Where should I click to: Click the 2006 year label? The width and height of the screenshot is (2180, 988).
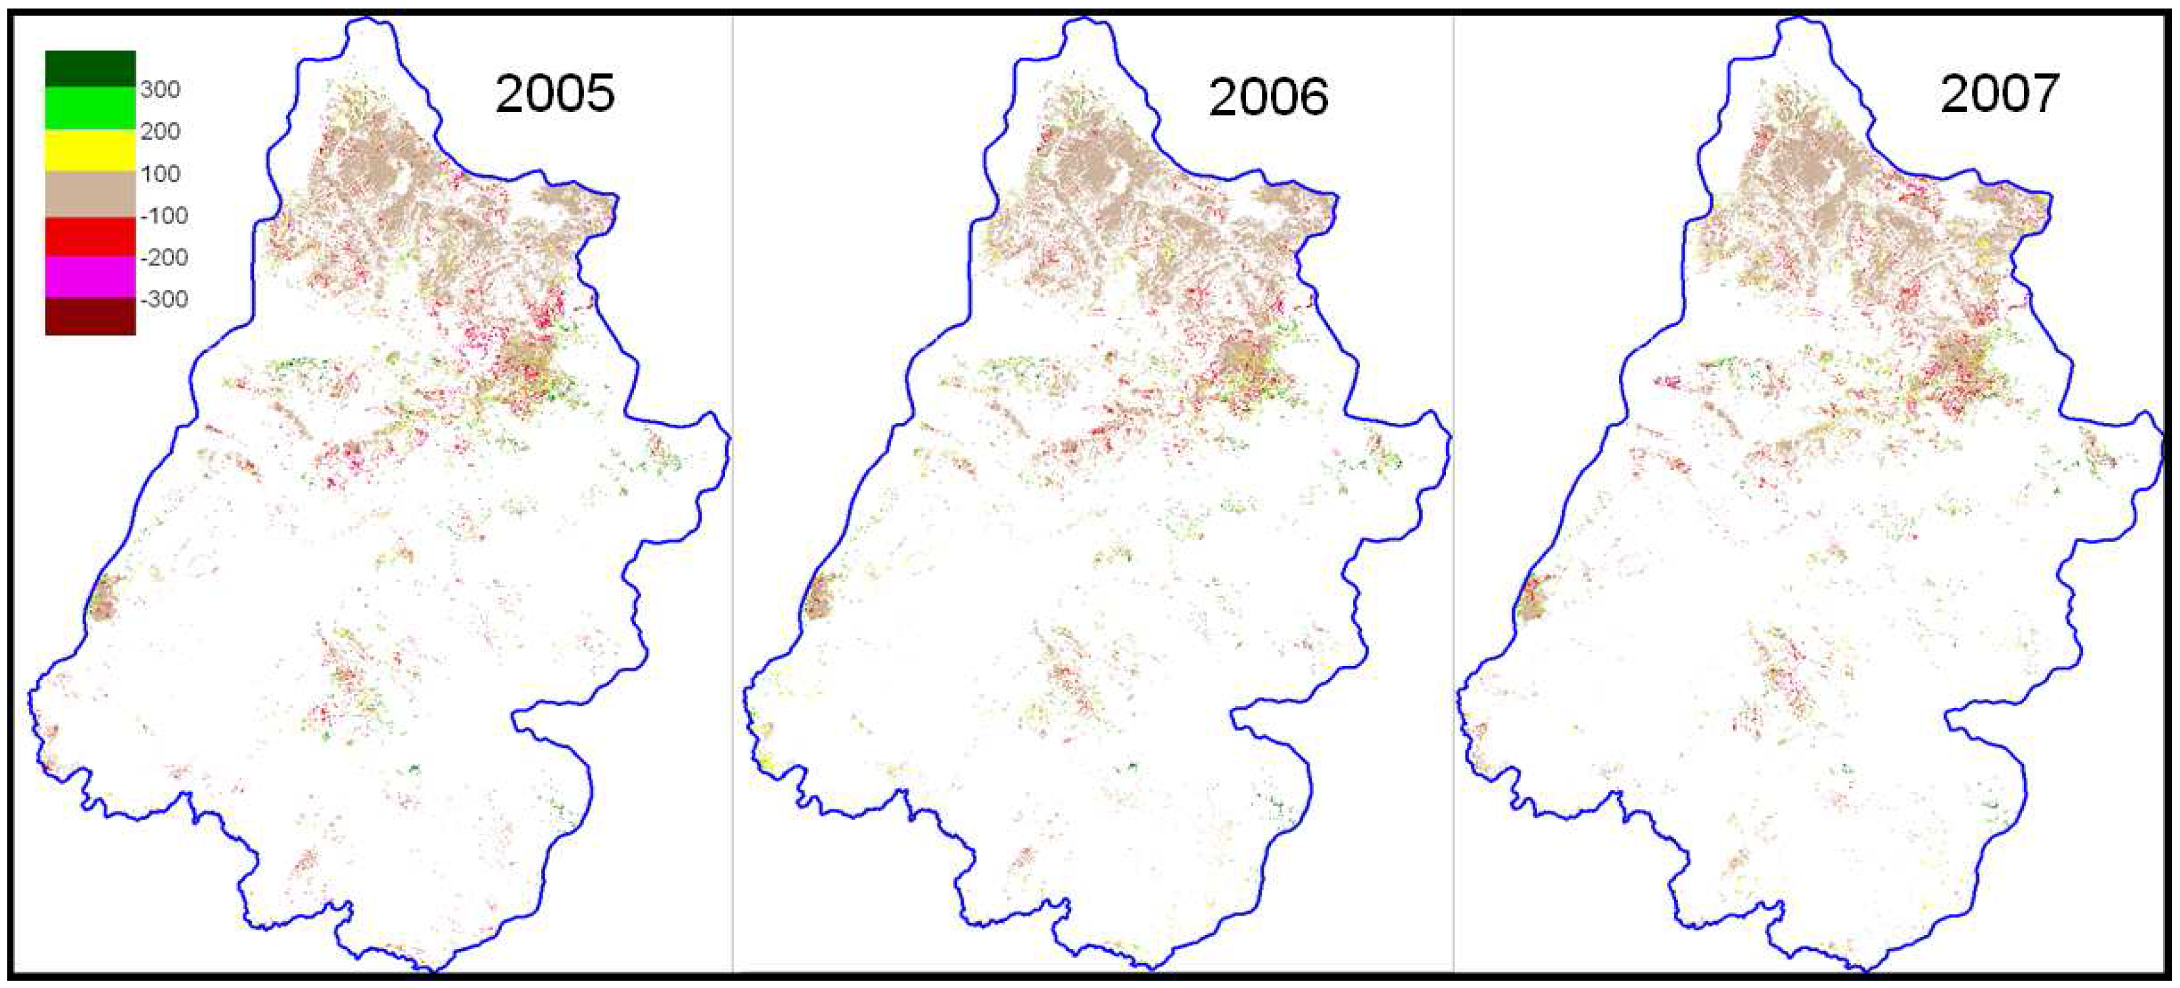(1268, 97)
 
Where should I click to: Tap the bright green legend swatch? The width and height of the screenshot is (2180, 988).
(90, 108)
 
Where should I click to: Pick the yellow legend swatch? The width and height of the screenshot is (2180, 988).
(90, 150)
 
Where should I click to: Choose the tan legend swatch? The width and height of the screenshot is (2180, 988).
(90, 194)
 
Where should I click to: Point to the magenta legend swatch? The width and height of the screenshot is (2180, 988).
(90, 277)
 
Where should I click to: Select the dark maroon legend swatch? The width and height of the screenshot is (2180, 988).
(90, 317)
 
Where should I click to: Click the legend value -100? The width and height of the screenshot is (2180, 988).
(163, 216)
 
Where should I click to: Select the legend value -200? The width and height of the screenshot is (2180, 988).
(163, 258)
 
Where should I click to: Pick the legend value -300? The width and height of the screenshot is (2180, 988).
(163, 299)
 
